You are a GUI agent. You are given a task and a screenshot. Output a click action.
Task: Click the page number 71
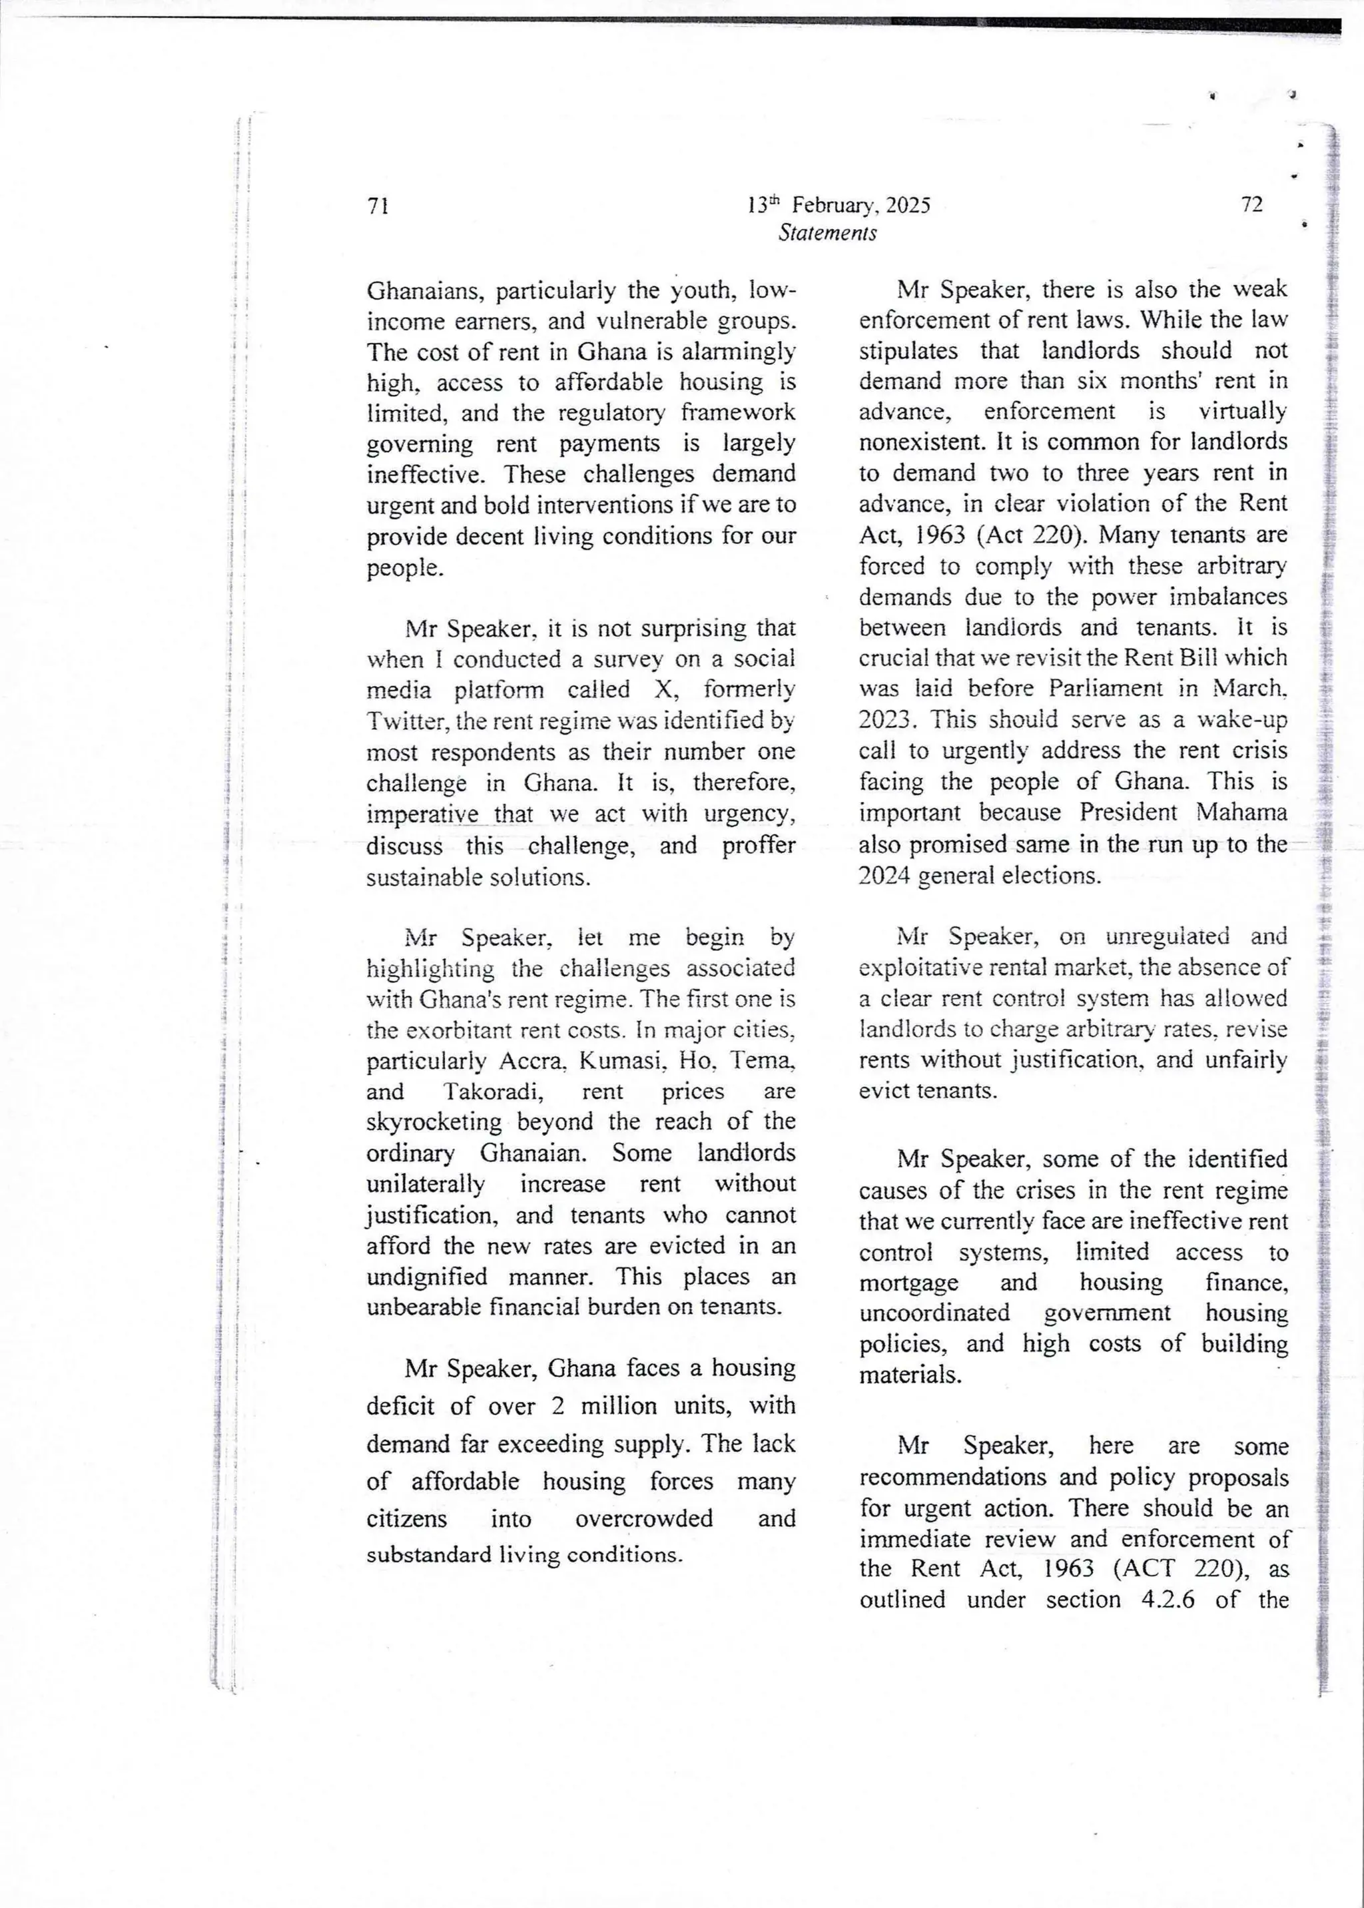tap(378, 206)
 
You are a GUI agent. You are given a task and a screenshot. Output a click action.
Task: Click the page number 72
tap(1251, 205)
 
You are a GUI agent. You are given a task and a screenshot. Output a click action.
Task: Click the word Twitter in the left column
tap(396, 721)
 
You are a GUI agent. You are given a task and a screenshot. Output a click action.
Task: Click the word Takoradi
tap(492, 1092)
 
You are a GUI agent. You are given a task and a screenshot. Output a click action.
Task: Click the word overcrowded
tap(644, 1518)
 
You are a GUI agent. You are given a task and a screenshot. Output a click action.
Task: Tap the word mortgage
tap(908, 1283)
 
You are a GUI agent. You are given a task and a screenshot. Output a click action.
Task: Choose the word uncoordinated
tap(934, 1313)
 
